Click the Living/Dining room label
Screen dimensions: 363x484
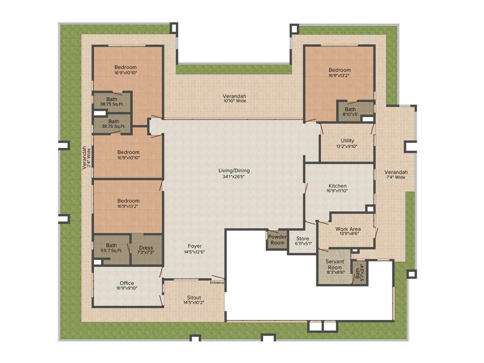point(234,171)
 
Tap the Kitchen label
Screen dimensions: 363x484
point(337,186)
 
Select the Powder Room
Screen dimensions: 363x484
point(277,240)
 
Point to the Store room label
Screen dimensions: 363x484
point(302,238)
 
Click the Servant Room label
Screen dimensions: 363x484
point(335,264)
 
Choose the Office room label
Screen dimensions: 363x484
point(127,283)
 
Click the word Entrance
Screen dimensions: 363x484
point(217,283)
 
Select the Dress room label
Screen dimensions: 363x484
point(146,248)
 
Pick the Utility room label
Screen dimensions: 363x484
point(347,140)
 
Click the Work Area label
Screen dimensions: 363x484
point(348,229)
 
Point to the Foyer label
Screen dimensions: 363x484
point(195,246)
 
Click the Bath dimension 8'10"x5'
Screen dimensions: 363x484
point(350,114)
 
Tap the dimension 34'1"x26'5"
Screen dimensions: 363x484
point(234,177)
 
